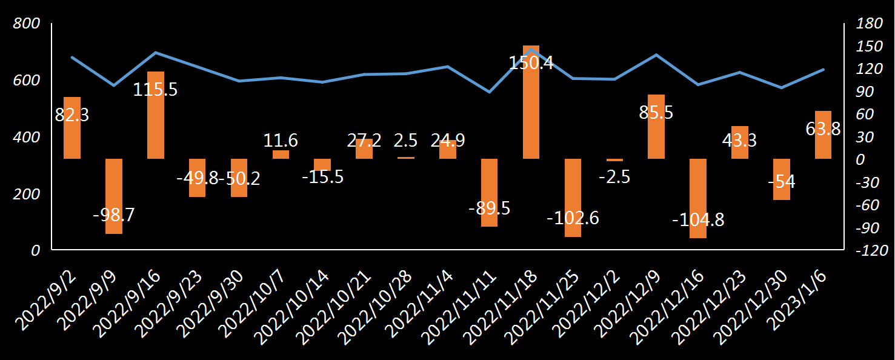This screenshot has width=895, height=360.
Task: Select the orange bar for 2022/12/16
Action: [x=698, y=198]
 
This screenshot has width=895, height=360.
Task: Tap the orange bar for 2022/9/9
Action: [x=114, y=196]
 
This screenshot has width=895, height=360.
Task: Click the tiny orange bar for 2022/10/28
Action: [x=406, y=158]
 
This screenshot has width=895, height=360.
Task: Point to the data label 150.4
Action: [x=531, y=62]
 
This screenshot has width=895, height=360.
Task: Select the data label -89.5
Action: [x=489, y=208]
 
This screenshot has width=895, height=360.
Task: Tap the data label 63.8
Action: [x=823, y=129]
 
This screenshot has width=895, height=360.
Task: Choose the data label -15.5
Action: [x=322, y=177]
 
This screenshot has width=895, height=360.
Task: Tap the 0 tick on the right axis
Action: [x=860, y=159]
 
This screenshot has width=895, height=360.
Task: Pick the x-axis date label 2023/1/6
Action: [x=806, y=300]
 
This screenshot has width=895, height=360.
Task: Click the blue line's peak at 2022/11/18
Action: [x=531, y=49]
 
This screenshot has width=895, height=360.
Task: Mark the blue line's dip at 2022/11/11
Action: [x=489, y=92]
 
